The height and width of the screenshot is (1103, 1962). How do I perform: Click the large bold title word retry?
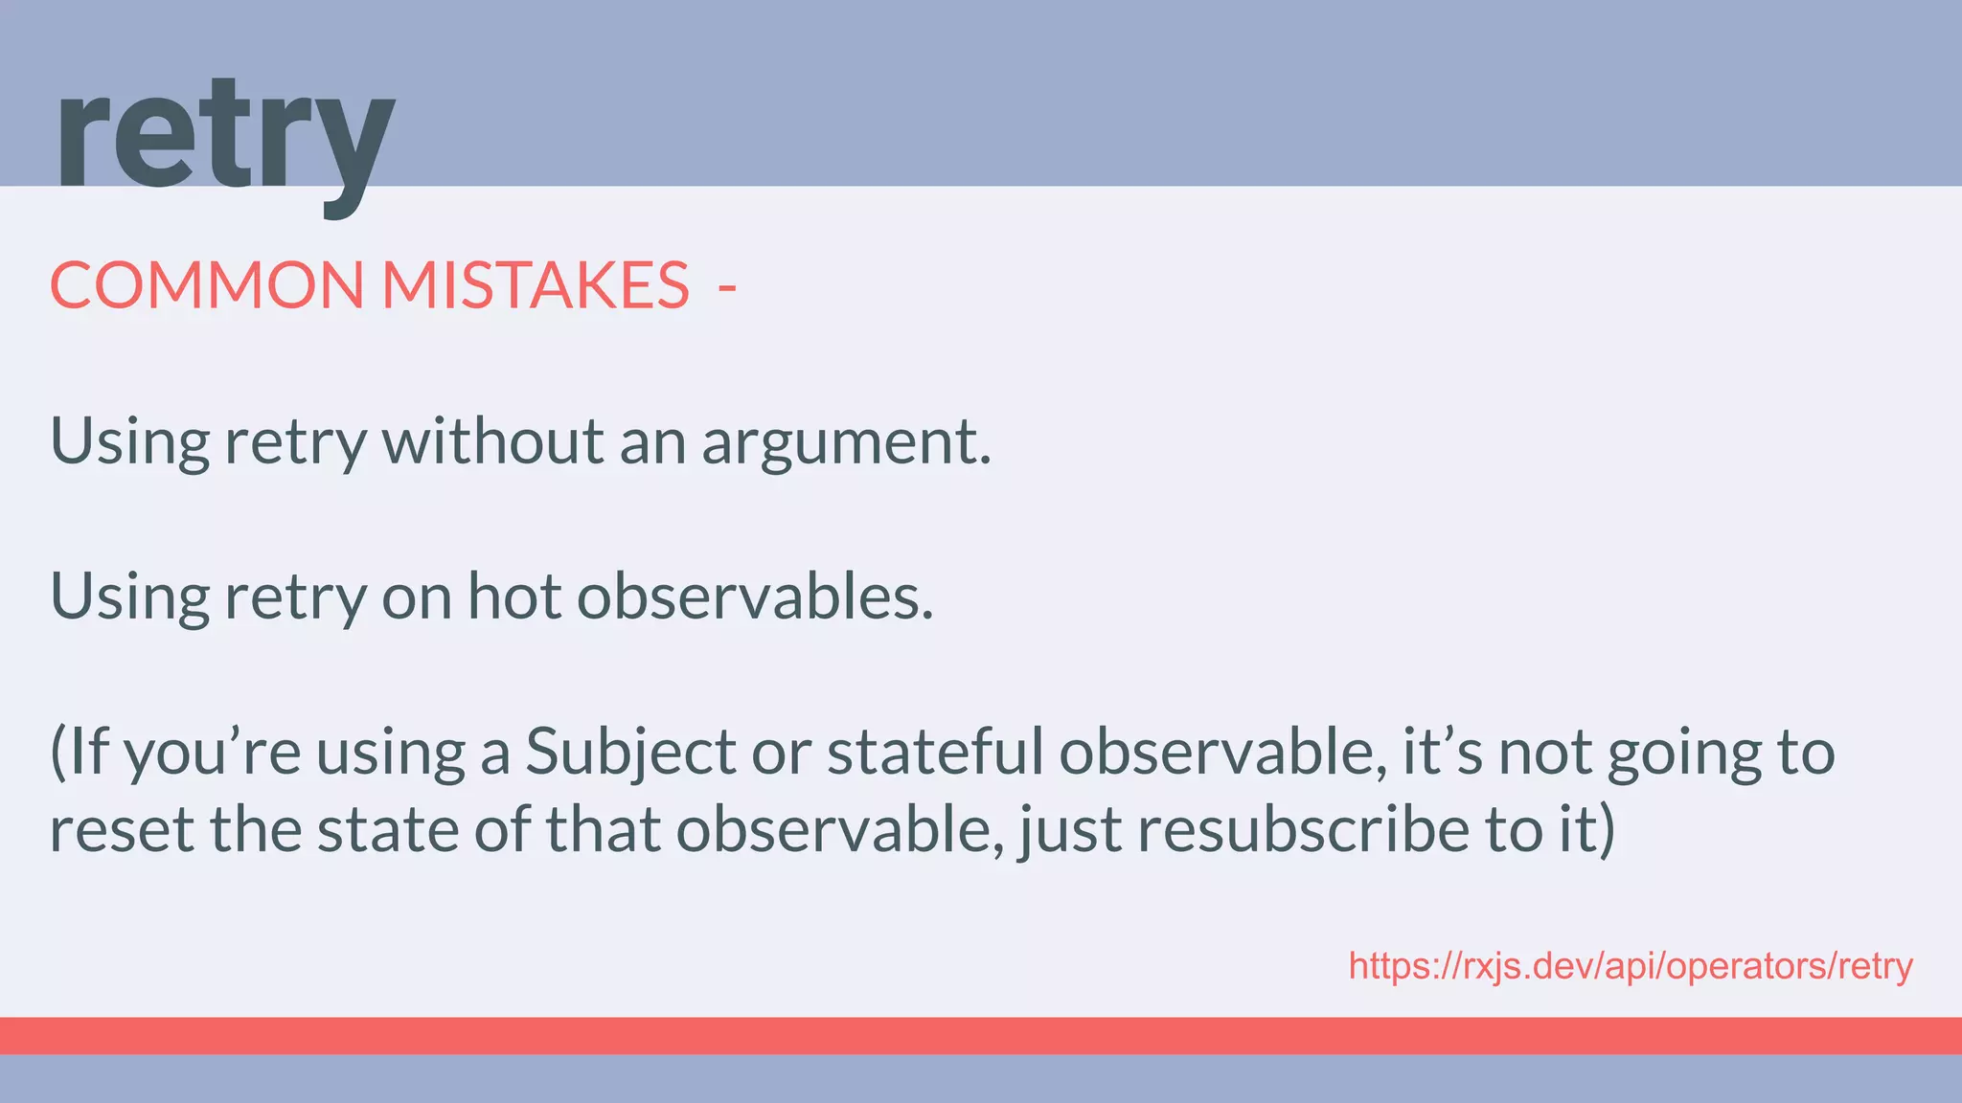click(224, 139)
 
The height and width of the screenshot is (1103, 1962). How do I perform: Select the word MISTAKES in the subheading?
click(536, 284)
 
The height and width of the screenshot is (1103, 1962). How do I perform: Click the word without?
click(492, 441)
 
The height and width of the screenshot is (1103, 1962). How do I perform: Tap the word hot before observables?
click(513, 596)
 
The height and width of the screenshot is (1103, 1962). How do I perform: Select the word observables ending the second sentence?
click(754, 596)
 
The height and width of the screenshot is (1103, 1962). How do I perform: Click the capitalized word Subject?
click(629, 753)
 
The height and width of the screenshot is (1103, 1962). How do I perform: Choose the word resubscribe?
click(1303, 829)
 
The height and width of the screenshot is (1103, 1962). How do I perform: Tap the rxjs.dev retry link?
click(1630, 966)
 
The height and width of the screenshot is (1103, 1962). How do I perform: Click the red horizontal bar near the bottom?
click(981, 1035)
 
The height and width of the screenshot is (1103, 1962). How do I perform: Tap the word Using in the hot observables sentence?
click(129, 597)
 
